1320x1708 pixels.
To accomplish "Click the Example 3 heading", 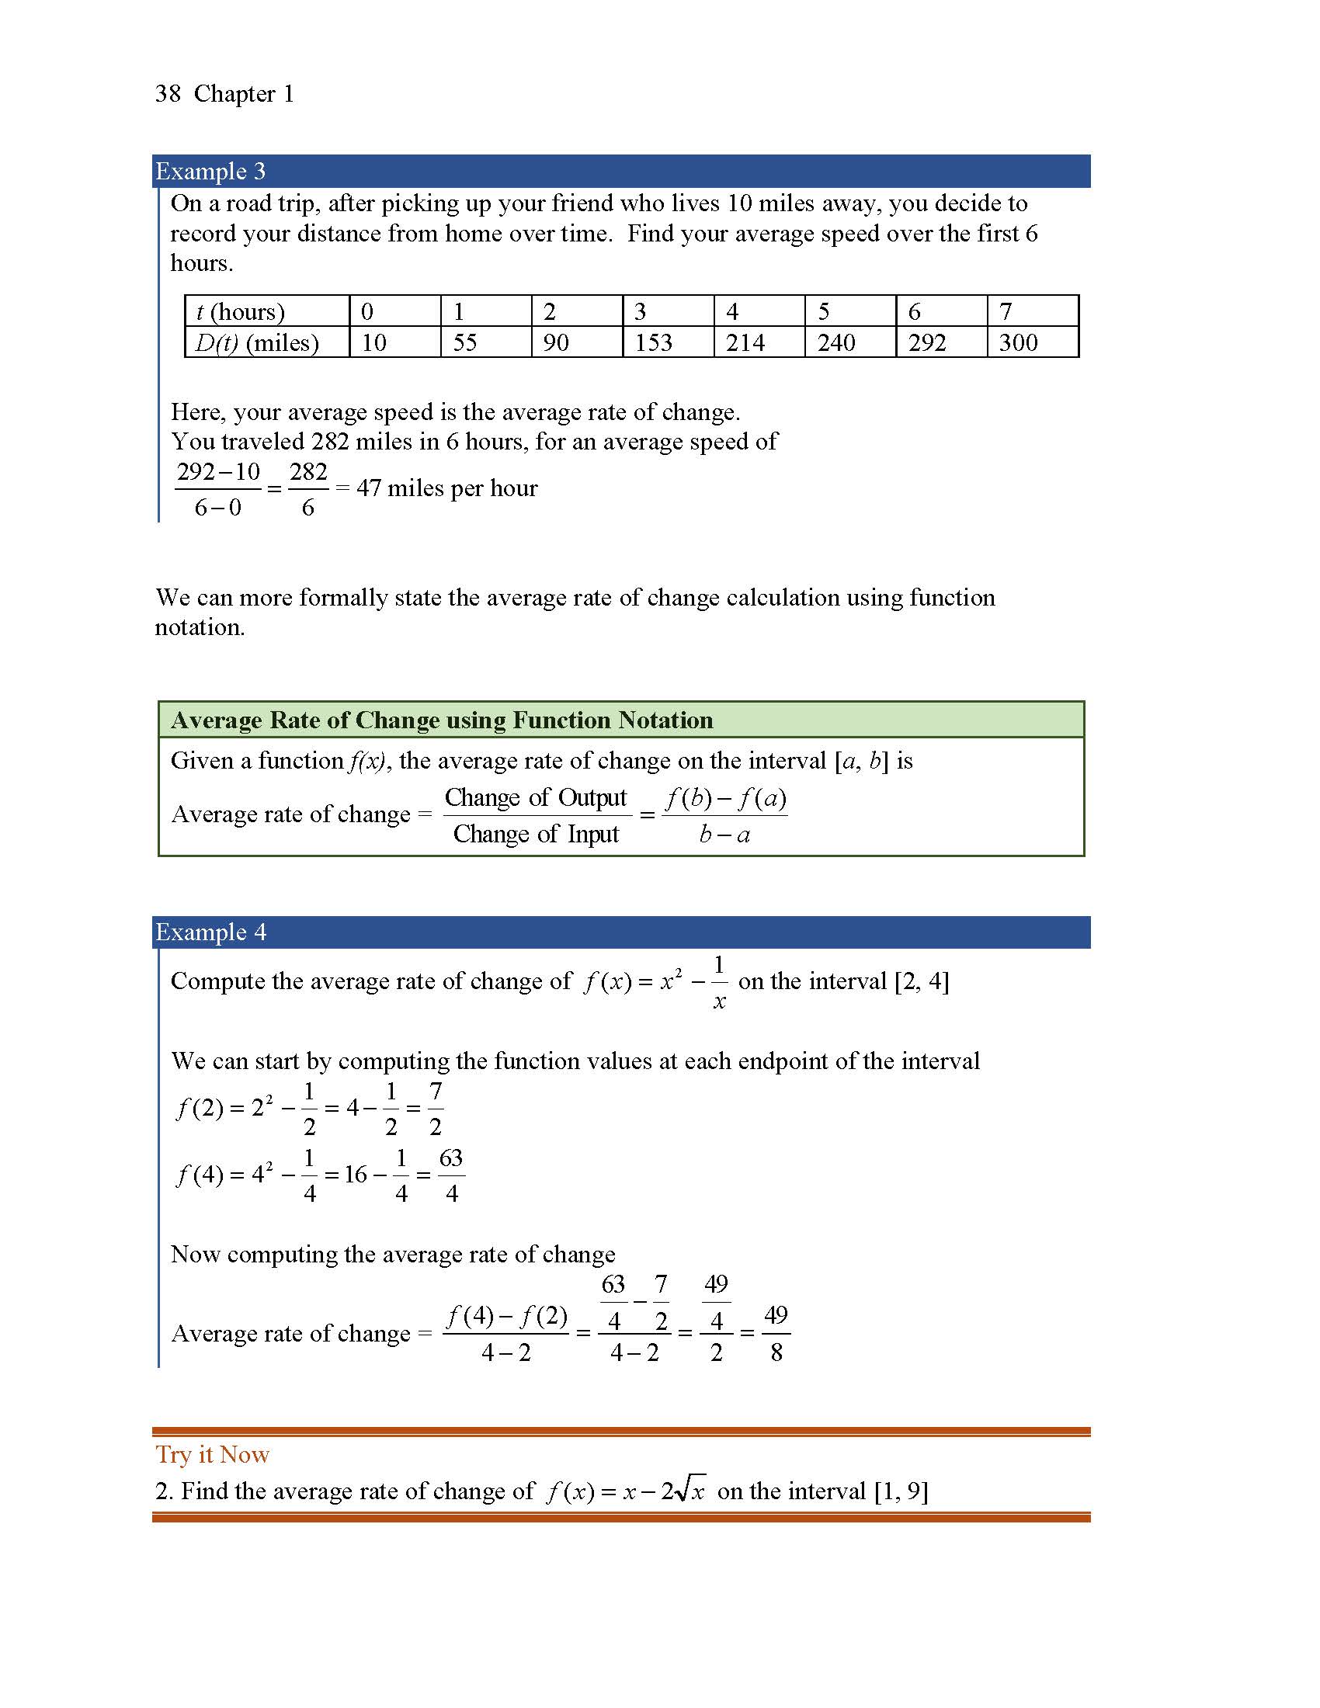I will (x=210, y=171).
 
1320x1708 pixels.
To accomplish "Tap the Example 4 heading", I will (x=210, y=932).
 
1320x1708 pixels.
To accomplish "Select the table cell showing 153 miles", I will (x=653, y=342).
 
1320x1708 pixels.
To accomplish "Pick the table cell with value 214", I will (x=745, y=342).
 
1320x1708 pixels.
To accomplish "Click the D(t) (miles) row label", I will (x=257, y=342).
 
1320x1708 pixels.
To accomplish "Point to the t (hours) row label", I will (x=240, y=311).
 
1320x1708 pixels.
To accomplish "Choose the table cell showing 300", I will (x=1018, y=342).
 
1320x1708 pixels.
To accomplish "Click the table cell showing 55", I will (x=465, y=342).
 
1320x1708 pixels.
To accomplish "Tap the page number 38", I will (x=168, y=94).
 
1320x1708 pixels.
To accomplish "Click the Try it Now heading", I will (x=212, y=1454).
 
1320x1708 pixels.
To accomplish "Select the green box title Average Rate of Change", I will (x=442, y=720).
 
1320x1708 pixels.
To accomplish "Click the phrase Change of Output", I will (x=536, y=797).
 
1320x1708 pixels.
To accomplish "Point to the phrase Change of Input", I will (x=536, y=834).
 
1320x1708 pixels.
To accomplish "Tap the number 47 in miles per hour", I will (x=368, y=488).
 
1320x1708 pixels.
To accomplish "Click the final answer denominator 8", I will (x=776, y=1352).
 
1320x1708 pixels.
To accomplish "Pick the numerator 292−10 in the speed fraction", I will (x=218, y=471).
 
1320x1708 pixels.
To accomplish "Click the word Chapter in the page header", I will (x=234, y=94).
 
